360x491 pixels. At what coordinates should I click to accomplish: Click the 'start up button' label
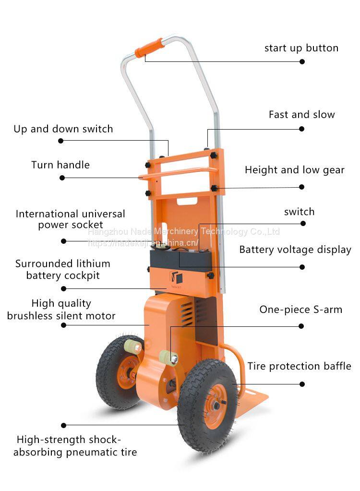[x=301, y=48]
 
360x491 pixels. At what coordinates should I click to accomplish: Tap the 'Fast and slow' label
[x=301, y=115]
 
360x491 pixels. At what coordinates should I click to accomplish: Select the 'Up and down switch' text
[x=63, y=129]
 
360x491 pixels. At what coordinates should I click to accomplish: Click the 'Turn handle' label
[x=60, y=165]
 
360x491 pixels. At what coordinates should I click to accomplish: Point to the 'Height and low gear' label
[x=294, y=170]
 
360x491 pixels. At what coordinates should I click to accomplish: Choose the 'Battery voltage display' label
[x=295, y=250]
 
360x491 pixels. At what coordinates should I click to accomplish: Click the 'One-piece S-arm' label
[x=300, y=310]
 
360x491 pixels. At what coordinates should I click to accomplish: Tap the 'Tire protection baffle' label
[x=299, y=366]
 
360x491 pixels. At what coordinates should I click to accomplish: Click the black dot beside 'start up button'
[x=302, y=61]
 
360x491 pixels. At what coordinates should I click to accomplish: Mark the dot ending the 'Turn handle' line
[x=62, y=178]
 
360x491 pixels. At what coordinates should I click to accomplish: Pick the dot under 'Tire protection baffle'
[x=302, y=384]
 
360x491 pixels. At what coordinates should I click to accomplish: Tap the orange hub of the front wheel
[x=210, y=406]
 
